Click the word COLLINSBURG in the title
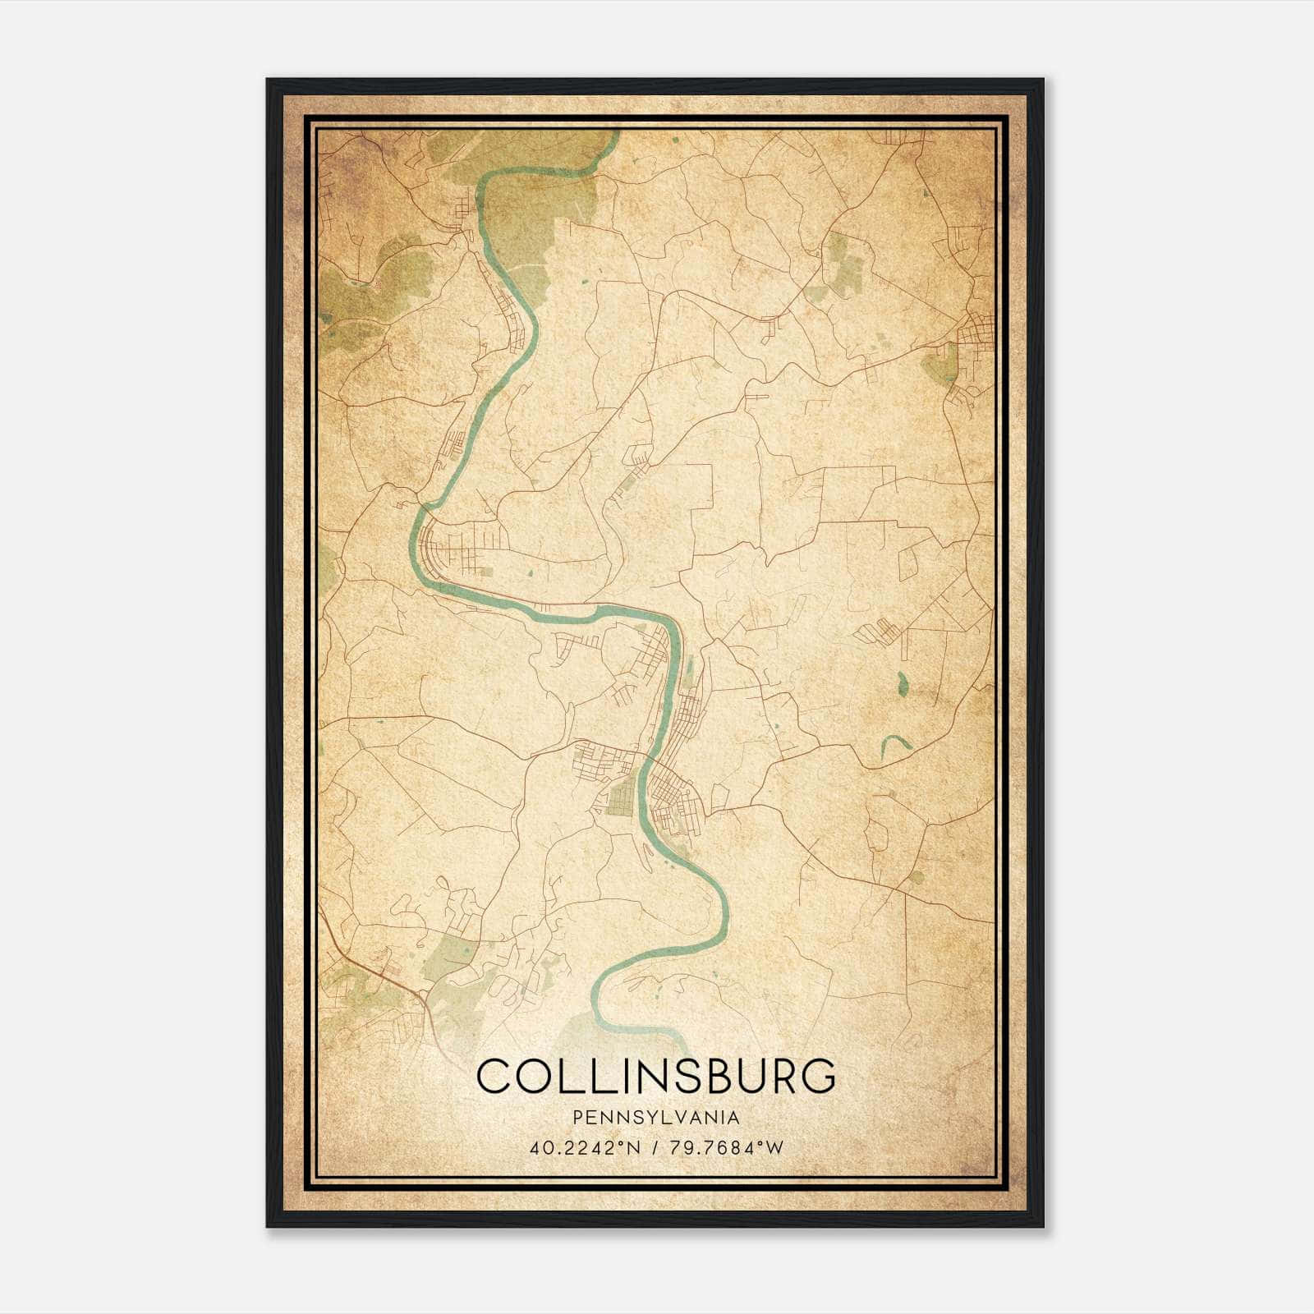pos(655,1077)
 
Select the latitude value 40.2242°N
pos(582,1147)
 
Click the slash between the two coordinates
pos(653,1147)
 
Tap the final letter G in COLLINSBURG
pos(816,1077)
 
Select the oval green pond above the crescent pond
pos(903,681)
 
